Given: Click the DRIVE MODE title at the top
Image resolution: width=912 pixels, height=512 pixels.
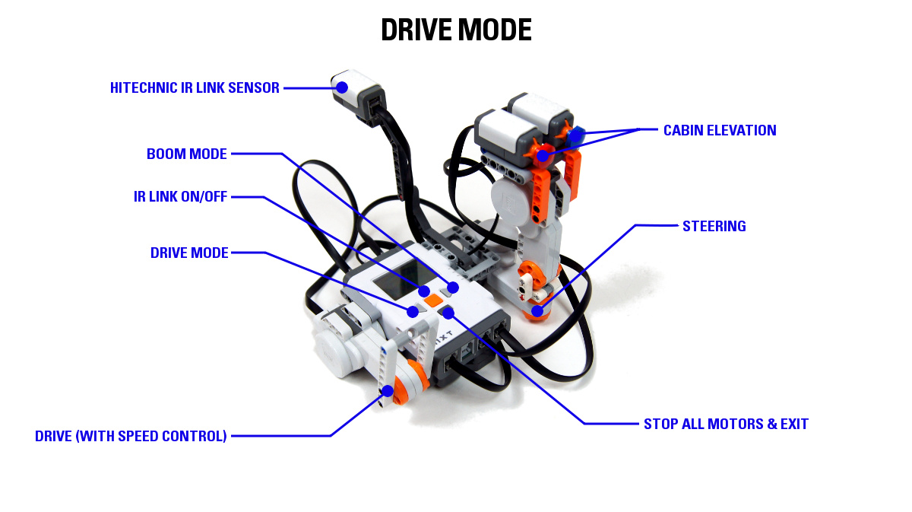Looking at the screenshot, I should click(x=456, y=30).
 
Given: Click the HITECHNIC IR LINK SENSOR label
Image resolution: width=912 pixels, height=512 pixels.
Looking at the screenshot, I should click(x=195, y=87).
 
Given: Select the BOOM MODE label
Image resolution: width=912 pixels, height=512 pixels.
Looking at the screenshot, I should click(x=187, y=154).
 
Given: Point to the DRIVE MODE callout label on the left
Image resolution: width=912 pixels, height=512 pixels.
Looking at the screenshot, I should click(x=189, y=253).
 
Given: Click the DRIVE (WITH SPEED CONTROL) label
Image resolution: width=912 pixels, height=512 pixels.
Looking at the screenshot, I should click(x=131, y=436).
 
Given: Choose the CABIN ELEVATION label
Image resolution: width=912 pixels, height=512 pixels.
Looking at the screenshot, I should click(x=720, y=130).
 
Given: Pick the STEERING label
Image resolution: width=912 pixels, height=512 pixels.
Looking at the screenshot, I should click(x=714, y=226).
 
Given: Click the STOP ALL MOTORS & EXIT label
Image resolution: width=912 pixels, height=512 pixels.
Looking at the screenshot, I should click(x=726, y=424).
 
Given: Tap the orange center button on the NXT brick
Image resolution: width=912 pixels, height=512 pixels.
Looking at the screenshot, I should click(x=434, y=301).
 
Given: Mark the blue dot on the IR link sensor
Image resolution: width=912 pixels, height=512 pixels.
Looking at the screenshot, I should click(x=342, y=87).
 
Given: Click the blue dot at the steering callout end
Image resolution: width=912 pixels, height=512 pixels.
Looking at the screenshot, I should click(x=537, y=310).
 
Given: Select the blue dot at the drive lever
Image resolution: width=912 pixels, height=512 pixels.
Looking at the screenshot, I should click(x=388, y=391).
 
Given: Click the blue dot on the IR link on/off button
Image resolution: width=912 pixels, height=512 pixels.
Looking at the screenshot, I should click(x=425, y=291).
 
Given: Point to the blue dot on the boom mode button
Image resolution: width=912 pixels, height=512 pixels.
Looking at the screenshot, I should click(x=453, y=288).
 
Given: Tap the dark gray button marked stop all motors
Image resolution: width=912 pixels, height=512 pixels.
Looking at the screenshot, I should click(x=447, y=312).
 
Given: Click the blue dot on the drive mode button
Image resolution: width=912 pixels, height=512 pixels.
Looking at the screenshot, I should click(x=413, y=310).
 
